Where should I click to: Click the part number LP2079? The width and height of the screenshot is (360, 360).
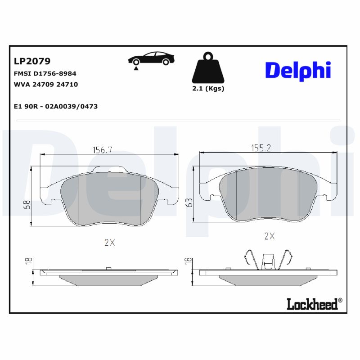pyautogui.click(x=32, y=61)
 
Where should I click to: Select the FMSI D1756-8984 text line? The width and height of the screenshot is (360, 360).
pyautogui.click(x=45, y=73)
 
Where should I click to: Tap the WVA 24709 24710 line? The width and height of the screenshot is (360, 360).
pyautogui.click(x=46, y=84)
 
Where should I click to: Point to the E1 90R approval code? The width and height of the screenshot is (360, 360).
pyautogui.click(x=56, y=107)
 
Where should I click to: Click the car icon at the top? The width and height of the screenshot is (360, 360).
pyautogui.click(x=151, y=58)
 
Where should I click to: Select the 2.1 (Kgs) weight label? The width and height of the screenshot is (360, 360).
pyautogui.click(x=208, y=89)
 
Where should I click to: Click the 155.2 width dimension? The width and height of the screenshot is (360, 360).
pyautogui.click(x=261, y=148)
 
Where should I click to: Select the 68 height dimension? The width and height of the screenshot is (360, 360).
pyautogui.click(x=27, y=205)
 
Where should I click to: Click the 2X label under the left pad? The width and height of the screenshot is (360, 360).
pyautogui.click(x=109, y=243)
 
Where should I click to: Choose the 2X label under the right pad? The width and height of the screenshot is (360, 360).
pyautogui.click(x=269, y=236)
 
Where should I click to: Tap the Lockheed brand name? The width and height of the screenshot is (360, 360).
pyautogui.click(x=312, y=304)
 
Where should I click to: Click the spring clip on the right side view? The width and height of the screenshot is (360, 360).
pyautogui.click(x=269, y=260)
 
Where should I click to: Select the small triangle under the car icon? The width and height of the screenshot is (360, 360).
pyautogui.click(x=135, y=68)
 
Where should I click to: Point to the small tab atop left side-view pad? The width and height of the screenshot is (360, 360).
pyautogui.click(x=108, y=269)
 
